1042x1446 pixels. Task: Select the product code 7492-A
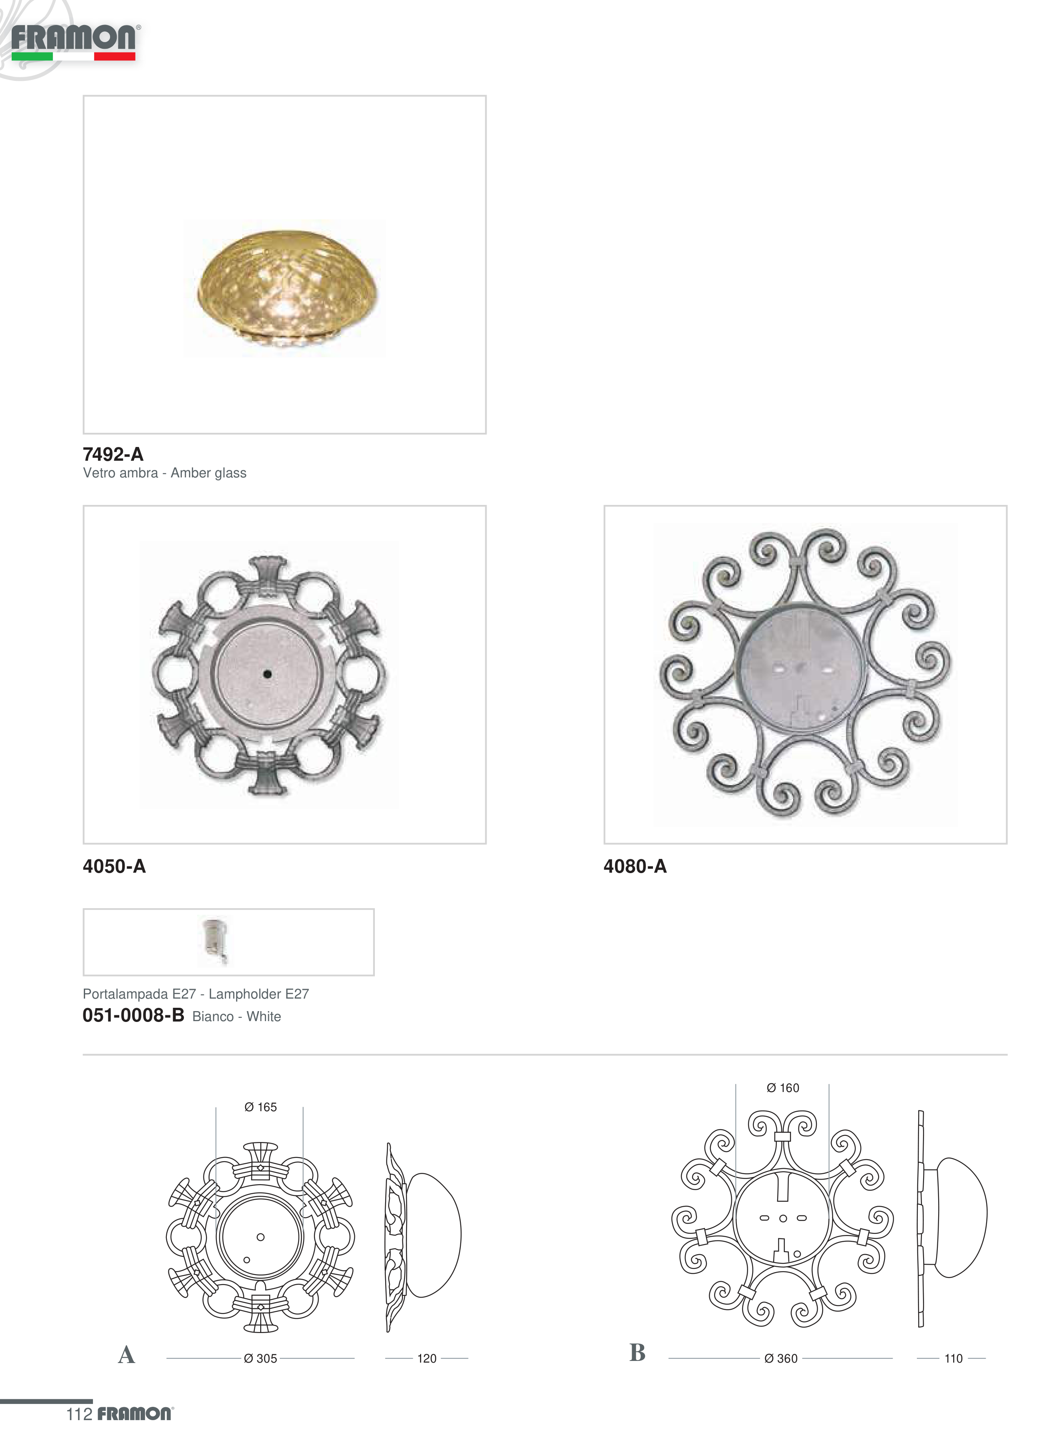(x=113, y=454)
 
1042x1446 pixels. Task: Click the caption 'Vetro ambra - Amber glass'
(x=165, y=473)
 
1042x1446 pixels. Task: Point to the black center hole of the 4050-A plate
(x=267, y=674)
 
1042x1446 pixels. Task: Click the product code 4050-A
(x=114, y=866)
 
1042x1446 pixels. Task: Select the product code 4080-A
(x=635, y=866)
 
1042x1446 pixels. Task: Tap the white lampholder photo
(x=215, y=941)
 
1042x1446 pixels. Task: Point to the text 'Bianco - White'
(x=236, y=1016)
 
